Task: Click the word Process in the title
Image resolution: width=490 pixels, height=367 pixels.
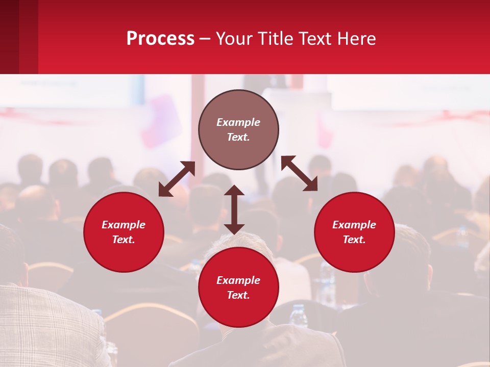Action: point(160,39)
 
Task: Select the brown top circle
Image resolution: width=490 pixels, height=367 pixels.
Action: point(238,129)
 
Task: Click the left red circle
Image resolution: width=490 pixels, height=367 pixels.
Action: point(124,232)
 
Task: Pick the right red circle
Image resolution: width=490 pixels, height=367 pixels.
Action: point(354,232)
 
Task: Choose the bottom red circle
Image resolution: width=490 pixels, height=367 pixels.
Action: point(238,287)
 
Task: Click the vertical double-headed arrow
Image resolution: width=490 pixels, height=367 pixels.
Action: point(234,209)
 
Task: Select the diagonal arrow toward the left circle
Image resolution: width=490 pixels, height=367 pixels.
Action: point(177,179)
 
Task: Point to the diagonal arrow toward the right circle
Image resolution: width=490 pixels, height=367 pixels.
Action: point(300,173)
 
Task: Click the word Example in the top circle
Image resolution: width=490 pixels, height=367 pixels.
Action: point(238,122)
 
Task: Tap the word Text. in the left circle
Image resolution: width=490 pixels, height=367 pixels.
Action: point(124,240)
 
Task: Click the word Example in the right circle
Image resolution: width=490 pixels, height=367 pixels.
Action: point(354,225)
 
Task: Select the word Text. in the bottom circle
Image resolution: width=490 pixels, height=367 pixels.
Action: point(238,295)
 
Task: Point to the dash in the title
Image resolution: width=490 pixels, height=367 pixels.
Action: point(205,39)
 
